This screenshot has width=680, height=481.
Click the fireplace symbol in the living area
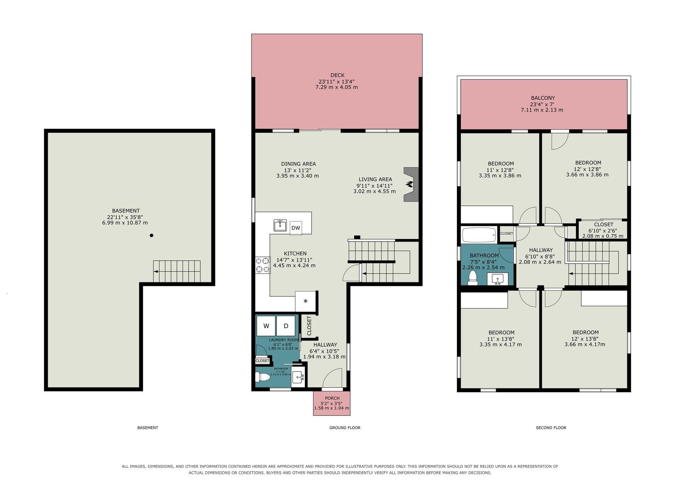pos(411,185)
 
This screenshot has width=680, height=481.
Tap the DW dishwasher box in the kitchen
pos(296,228)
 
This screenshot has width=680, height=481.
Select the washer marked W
pos(266,326)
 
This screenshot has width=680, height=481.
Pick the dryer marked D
pos(286,326)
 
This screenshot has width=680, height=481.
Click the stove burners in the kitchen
pos(262,265)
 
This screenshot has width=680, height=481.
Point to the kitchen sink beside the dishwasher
pos(280,225)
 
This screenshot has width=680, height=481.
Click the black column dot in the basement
pos(152,235)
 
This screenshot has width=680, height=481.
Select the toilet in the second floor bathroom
pos(473,278)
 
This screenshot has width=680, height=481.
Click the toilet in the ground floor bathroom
pos(263,378)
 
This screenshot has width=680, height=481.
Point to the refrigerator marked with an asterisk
pos(305,301)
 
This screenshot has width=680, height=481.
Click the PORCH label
pos(332,398)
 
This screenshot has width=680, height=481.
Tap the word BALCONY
pos(543,98)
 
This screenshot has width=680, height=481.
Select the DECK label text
pos(338,75)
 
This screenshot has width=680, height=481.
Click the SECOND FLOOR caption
pos(551,428)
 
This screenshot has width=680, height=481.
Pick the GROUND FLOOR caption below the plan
pos(345,428)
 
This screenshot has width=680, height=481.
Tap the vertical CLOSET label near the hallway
pos(309,326)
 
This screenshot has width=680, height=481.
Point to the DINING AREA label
pos(298,164)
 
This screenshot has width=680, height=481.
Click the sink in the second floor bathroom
pos(497,279)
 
